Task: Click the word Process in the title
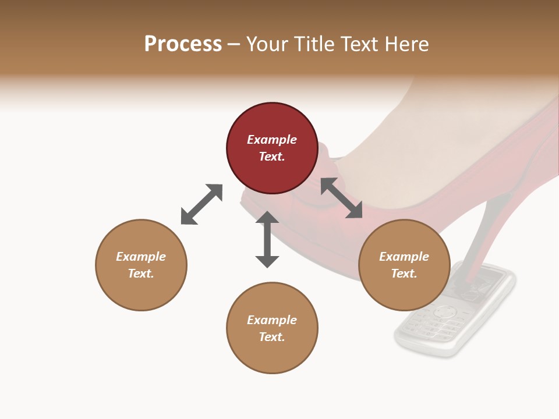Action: click(x=183, y=44)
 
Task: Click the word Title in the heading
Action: click(x=310, y=44)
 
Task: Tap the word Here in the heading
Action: click(x=405, y=44)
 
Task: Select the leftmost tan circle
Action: click(x=141, y=265)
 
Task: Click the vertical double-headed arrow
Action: click(x=267, y=239)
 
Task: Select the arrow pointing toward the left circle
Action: click(x=201, y=204)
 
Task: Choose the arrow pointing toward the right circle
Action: click(x=342, y=198)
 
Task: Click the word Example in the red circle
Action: click(x=272, y=140)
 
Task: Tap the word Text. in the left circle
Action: click(x=141, y=274)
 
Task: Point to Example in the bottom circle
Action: click(x=272, y=320)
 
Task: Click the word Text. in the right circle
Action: click(x=404, y=274)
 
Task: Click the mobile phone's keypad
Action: click(x=434, y=323)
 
